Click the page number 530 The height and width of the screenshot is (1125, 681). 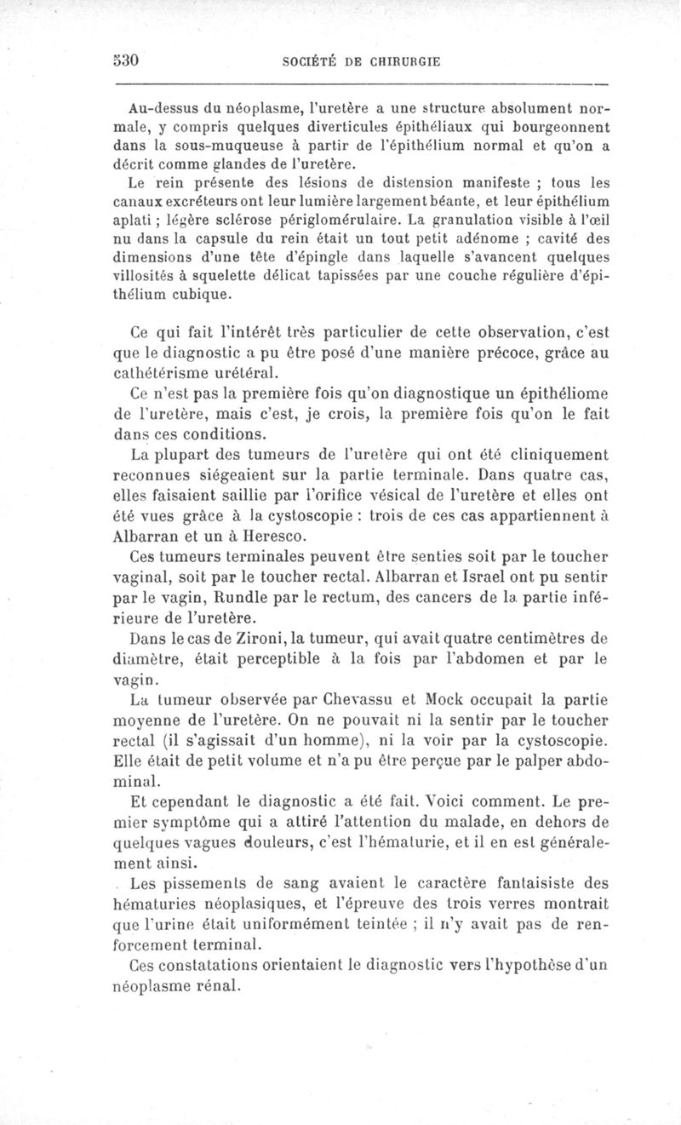tap(125, 61)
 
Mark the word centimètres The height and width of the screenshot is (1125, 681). tap(538, 636)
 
